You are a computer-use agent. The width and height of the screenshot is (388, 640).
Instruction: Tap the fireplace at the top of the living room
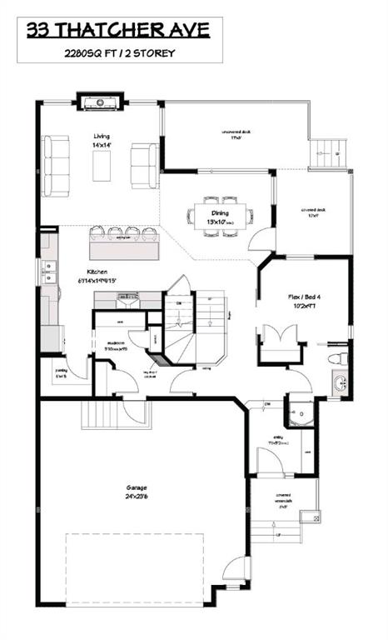tap(100, 102)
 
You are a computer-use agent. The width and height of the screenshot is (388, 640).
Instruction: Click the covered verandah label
tap(282, 500)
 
